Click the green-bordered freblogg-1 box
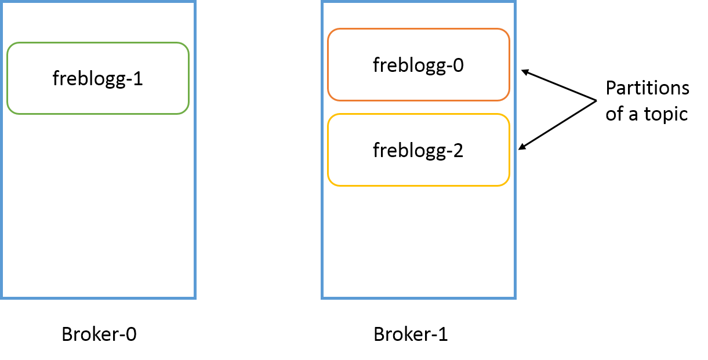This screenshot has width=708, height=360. (98, 78)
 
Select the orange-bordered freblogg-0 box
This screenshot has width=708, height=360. (418, 65)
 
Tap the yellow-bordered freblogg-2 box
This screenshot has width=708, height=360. (418, 150)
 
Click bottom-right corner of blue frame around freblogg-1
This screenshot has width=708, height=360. (195, 298)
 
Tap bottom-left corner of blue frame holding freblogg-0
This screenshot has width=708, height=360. (322, 298)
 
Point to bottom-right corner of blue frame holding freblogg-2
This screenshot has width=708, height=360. (515, 298)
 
